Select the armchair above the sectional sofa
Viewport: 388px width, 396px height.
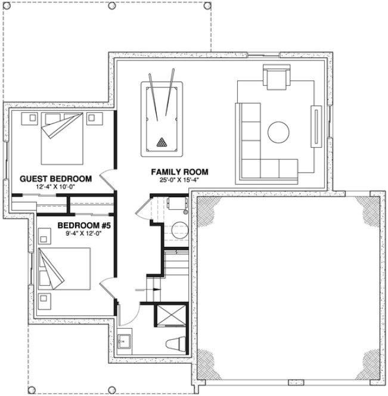[x=275, y=78]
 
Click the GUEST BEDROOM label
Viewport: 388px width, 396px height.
[x=55, y=178]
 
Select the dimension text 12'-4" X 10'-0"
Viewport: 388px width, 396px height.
[x=55, y=186]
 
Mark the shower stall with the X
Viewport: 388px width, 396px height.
[x=170, y=315]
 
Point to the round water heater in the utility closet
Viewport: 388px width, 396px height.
[x=177, y=229]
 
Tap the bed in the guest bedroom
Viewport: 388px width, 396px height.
[x=61, y=139]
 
